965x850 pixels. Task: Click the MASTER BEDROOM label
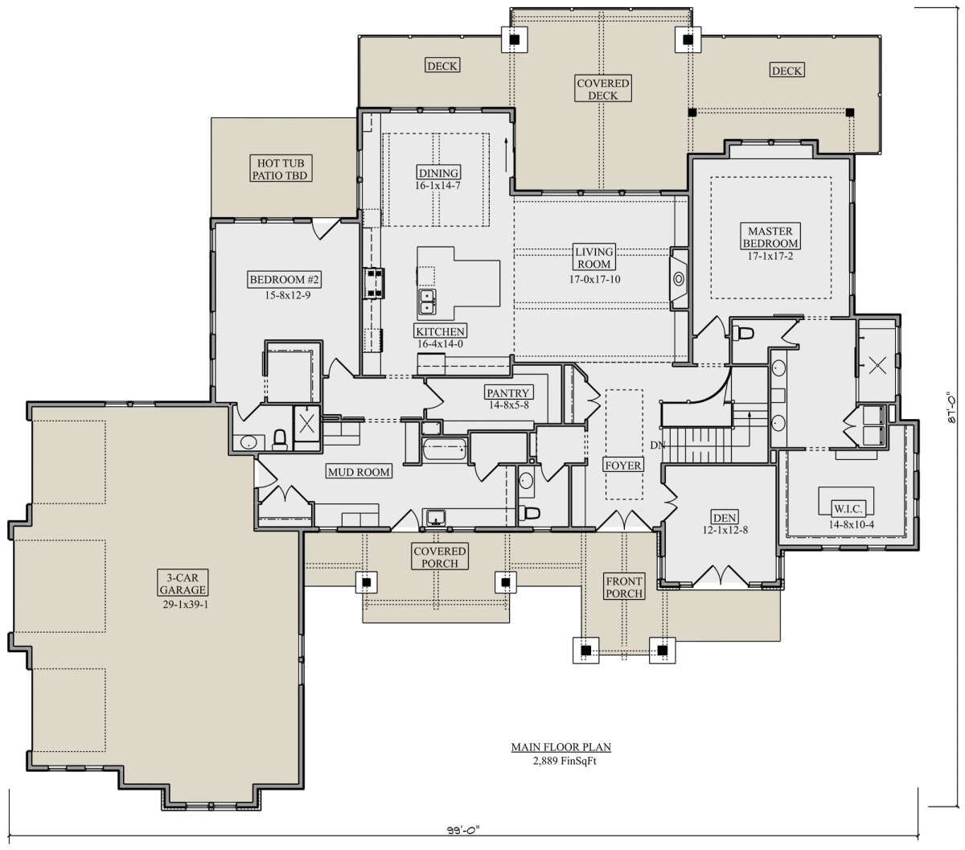770,236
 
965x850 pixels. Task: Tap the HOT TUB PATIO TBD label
280,169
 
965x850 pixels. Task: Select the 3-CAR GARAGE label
183,583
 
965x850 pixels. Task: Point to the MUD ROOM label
359,472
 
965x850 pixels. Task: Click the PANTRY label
507,392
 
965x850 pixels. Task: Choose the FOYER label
623,465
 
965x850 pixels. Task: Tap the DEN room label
725,517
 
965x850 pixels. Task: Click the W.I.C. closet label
848,509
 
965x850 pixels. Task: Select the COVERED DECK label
602,89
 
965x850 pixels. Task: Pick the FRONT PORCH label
624,587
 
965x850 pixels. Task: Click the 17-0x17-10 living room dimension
594,279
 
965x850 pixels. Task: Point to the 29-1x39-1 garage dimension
185,605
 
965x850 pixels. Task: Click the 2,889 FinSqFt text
564,761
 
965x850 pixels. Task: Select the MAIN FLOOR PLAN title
561,747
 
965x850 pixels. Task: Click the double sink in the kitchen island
427,302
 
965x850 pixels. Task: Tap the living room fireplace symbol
679,279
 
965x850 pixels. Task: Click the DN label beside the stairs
657,446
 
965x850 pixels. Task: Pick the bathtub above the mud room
444,450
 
